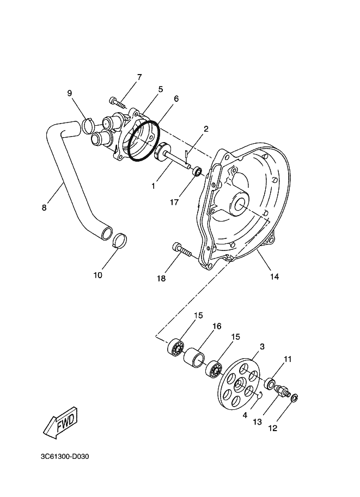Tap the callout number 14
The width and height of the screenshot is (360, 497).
tap(274, 277)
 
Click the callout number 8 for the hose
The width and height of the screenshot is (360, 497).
tap(44, 207)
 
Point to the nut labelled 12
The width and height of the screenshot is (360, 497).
tap(295, 398)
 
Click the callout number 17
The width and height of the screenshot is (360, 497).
tap(174, 203)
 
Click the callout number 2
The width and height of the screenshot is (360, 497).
tap(206, 130)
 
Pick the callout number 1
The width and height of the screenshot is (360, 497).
tap(154, 186)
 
